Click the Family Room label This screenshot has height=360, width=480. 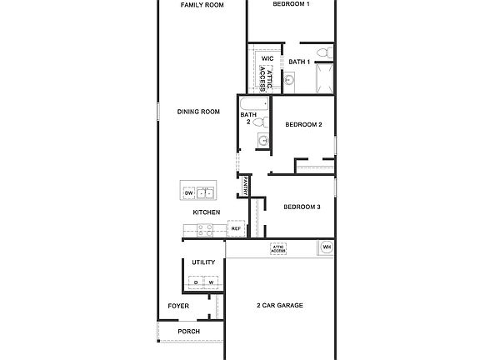point(203,5)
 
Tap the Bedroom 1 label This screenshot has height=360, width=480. point(291,5)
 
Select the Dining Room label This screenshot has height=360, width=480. point(198,112)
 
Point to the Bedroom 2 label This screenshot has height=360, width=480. point(303,125)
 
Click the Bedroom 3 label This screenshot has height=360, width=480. point(302,207)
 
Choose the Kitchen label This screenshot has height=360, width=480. point(207,212)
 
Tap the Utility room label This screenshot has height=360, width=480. point(203,262)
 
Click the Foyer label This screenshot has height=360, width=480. point(178,306)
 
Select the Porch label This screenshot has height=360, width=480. point(189,331)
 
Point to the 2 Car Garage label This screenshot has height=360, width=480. point(279,306)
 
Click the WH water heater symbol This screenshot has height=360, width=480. point(326,247)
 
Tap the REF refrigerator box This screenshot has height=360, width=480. point(236,228)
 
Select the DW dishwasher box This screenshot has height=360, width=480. point(188,193)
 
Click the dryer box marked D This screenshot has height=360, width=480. point(197,282)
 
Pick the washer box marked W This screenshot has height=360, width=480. point(210,282)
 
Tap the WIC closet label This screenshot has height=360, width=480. point(267,58)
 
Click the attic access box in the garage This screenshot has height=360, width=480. point(279,248)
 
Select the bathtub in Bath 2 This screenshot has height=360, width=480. point(255,105)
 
